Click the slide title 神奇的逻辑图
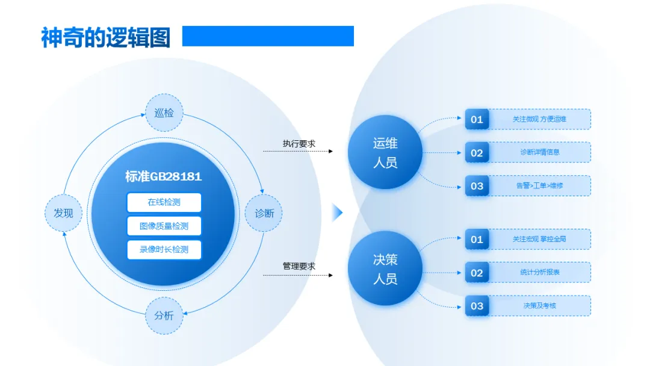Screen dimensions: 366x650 click(x=105, y=37)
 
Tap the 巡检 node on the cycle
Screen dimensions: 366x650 click(x=164, y=113)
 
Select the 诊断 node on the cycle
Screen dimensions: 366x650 click(x=264, y=213)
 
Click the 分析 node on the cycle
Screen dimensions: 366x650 click(x=164, y=315)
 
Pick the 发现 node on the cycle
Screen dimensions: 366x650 click(x=63, y=213)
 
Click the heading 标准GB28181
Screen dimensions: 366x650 click(x=164, y=176)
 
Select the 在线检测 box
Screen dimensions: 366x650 click(x=164, y=202)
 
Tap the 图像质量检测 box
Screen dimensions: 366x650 click(x=164, y=226)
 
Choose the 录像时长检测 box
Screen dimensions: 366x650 click(x=164, y=249)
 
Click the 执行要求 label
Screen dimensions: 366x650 click(x=299, y=144)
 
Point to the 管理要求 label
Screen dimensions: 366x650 click(x=299, y=266)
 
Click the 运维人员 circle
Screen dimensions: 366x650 click(x=385, y=153)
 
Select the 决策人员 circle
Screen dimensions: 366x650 click(x=385, y=269)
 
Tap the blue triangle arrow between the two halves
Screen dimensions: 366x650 click(x=337, y=212)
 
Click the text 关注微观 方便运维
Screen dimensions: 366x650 click(x=539, y=119)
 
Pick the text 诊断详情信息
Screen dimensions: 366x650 click(x=539, y=152)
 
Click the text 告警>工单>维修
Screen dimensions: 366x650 click(x=539, y=185)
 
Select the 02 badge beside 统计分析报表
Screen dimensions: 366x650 click(x=477, y=273)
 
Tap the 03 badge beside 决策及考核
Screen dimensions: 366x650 click(x=477, y=306)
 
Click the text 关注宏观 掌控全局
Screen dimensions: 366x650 click(x=539, y=239)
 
